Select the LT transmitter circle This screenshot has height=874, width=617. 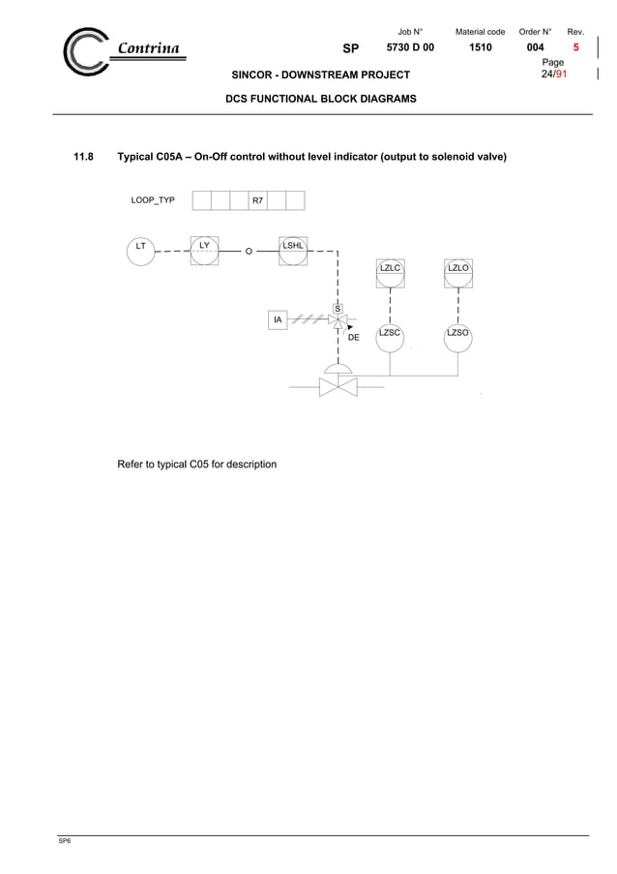point(141,250)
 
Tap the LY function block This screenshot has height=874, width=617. point(204,250)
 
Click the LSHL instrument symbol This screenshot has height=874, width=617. point(293,250)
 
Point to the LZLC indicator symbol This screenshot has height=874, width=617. point(390,272)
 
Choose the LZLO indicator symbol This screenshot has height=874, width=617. point(457,272)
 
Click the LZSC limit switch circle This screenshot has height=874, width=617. point(390,338)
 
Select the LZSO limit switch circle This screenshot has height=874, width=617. point(457,338)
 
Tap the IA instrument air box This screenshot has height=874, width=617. point(278,319)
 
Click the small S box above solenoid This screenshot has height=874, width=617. point(338,309)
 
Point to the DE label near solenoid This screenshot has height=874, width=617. point(354,338)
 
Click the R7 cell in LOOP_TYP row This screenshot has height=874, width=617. point(257,200)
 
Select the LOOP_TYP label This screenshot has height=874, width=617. point(153,200)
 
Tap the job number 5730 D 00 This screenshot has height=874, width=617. point(410,47)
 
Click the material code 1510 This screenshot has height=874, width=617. point(480,47)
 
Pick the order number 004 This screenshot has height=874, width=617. point(534,47)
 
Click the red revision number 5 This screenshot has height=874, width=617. point(576,47)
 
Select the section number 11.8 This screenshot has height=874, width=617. point(85,156)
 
